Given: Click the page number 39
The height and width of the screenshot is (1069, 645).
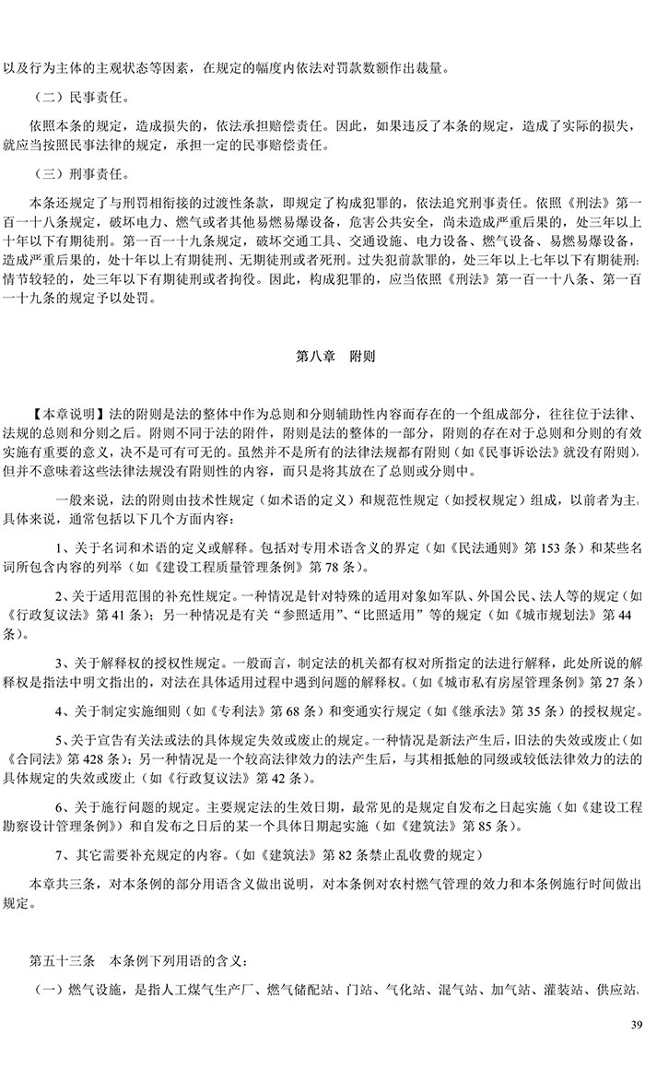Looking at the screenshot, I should pyautogui.click(x=635, y=1026).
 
